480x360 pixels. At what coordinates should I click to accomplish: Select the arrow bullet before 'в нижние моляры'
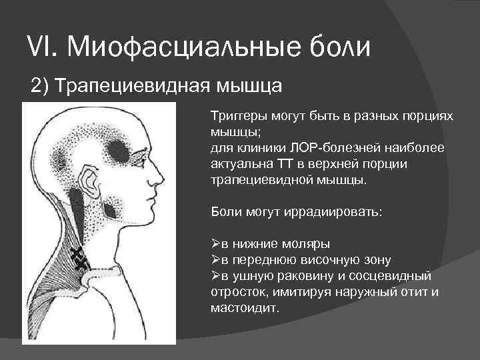click(216, 244)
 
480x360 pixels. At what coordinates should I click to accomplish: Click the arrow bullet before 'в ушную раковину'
click(216, 276)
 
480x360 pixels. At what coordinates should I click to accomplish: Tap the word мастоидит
click(244, 309)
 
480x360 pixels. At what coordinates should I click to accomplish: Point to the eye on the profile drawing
click(146, 159)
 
